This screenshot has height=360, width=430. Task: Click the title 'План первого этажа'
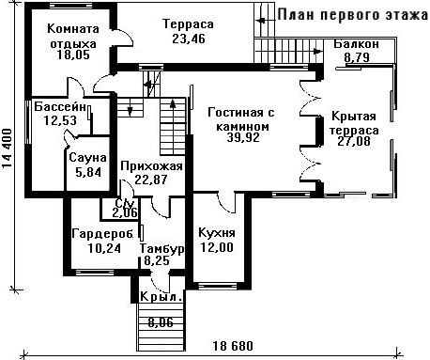[x=353, y=15]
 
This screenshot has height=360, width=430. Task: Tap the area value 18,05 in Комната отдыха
[x=73, y=55]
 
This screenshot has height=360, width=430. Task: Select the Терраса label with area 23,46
[x=189, y=23]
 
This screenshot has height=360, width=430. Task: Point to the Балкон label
[x=356, y=44]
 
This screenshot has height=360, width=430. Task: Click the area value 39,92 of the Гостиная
[x=243, y=137]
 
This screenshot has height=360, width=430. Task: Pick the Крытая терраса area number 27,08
[x=354, y=141]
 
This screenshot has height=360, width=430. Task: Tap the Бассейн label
[x=60, y=107]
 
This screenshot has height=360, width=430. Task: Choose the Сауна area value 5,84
[x=88, y=172]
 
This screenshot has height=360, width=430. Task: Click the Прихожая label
[x=151, y=165]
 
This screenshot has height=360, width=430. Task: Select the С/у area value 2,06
[x=125, y=212]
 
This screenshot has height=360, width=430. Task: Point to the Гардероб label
[x=102, y=233]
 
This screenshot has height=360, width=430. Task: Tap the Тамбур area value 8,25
[x=157, y=260]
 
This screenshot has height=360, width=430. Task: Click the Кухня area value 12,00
[x=217, y=247]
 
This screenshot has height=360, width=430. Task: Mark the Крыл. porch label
[x=161, y=296]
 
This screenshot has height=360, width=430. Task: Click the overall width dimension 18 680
[x=233, y=346]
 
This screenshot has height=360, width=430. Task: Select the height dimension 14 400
[x=8, y=149]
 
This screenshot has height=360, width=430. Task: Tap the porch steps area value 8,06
[x=161, y=322]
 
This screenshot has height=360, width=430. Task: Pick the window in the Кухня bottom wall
[x=218, y=286]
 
